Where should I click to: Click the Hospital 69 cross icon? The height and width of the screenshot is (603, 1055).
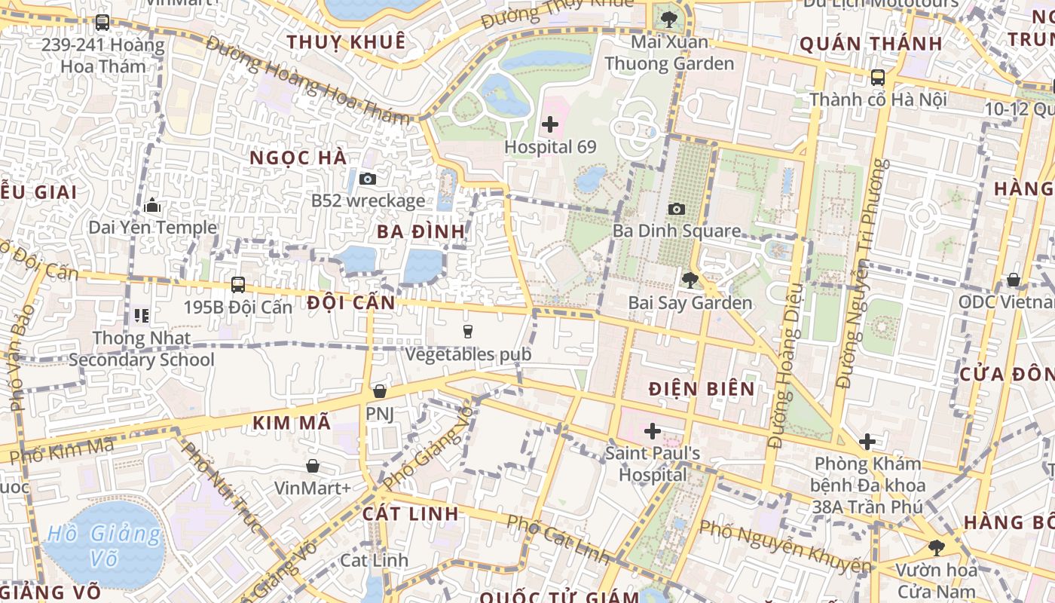[550, 124]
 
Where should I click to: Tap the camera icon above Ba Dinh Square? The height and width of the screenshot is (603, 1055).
[677, 209]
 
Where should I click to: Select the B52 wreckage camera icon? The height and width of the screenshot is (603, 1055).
[368, 179]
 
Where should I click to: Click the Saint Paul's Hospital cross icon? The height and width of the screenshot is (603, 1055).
[653, 431]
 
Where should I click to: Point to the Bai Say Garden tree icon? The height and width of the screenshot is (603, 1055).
[690, 280]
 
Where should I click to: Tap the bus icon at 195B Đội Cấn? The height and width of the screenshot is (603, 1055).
[238, 284]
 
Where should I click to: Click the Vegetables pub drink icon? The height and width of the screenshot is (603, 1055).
[468, 331]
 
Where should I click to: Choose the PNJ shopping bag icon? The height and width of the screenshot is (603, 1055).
[380, 391]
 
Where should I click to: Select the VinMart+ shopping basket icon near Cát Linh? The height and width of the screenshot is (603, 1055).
[312, 466]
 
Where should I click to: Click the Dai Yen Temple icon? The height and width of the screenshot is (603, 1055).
[152, 205]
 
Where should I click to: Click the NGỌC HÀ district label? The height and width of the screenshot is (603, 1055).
[298, 158]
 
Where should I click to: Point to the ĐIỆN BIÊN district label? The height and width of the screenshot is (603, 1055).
[702, 389]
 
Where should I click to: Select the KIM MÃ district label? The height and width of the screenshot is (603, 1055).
[292, 423]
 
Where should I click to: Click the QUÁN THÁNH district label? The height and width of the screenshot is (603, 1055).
[870, 44]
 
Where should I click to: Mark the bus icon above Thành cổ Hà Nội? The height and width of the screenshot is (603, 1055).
[878, 77]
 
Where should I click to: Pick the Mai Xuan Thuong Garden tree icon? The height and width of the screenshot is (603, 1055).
[668, 19]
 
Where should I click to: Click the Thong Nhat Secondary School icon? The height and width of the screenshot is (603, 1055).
[141, 315]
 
